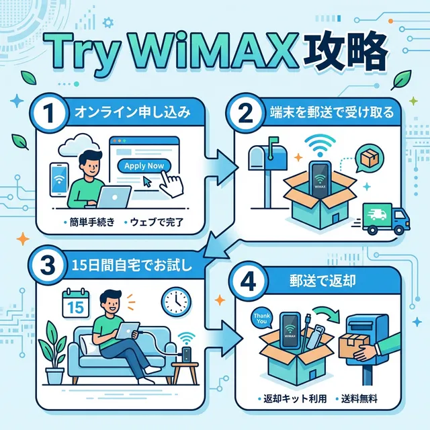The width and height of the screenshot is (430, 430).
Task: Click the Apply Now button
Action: pos(143,166)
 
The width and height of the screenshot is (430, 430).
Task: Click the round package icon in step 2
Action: pos(369,159)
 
